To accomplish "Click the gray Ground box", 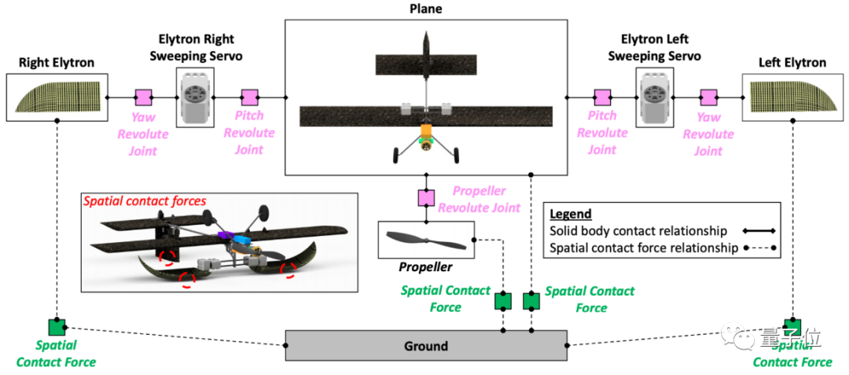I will coord(425,346).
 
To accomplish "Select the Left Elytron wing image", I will coord(792,97).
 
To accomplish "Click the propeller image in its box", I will coord(426,239).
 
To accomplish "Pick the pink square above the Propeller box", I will coord(426,197).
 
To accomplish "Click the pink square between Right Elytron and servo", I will coord(143,97).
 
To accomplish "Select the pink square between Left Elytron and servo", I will coord(708,97).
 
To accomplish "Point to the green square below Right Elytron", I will coord(57,326).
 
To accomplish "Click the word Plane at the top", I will coord(425,9).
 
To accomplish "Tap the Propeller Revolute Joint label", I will coord(480,200).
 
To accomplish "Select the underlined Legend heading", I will coord(570,214).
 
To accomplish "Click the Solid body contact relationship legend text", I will coord(630,231).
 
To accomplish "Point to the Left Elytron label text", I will coord(792,62).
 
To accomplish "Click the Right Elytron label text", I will coord(56,62).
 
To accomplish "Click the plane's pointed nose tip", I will coord(425,36).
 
